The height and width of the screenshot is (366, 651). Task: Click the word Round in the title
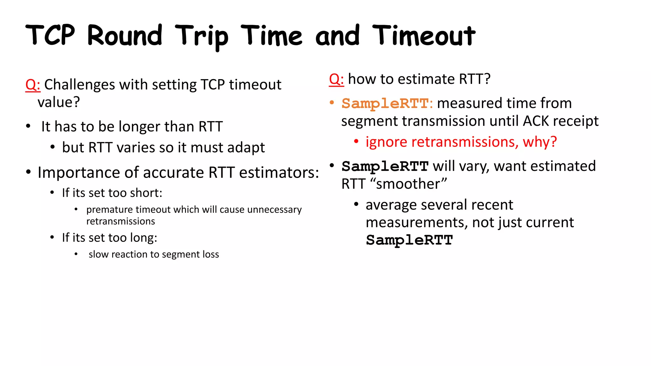pyautogui.click(x=125, y=36)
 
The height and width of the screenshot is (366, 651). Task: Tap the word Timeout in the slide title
pyautogui.click(x=424, y=36)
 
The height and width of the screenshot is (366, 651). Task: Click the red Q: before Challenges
pyautogui.click(x=33, y=85)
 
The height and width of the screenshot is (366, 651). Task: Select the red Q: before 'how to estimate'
pyautogui.click(x=336, y=79)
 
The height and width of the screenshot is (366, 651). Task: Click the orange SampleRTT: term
pyautogui.click(x=387, y=104)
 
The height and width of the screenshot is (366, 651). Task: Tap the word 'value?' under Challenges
pyautogui.click(x=59, y=102)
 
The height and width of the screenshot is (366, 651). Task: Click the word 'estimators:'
pyautogui.click(x=279, y=173)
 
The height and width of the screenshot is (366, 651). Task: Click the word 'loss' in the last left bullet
pyautogui.click(x=211, y=254)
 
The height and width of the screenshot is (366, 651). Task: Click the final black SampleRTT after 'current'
pyautogui.click(x=409, y=240)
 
